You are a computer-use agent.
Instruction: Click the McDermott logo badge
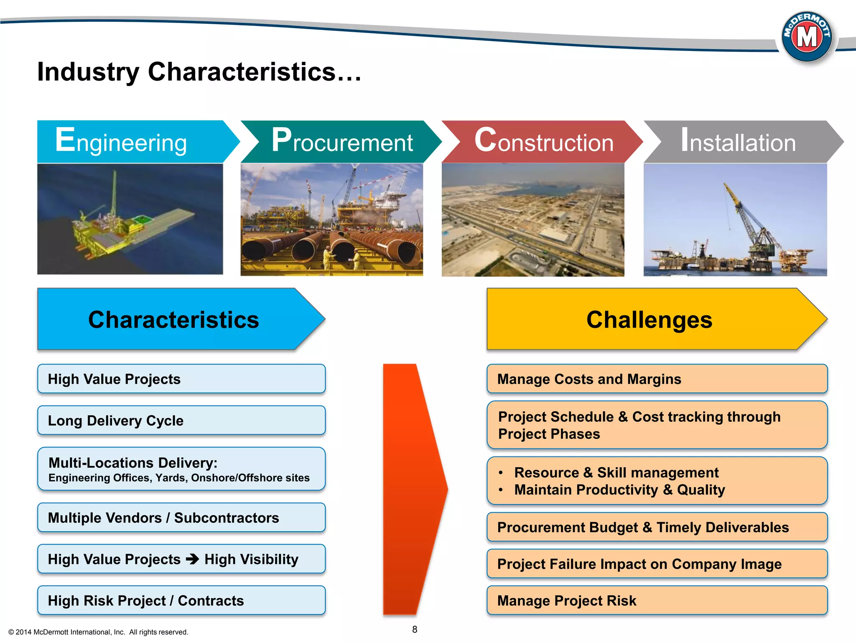(807, 37)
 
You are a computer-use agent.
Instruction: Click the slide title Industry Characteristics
(199, 72)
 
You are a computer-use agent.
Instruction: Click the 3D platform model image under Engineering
(130, 219)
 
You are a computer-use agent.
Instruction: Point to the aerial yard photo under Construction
(533, 220)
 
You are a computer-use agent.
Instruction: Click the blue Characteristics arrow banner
(174, 319)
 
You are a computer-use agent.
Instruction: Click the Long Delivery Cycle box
(181, 420)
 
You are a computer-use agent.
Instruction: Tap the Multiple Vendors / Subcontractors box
(181, 517)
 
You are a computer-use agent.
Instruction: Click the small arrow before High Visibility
(193, 559)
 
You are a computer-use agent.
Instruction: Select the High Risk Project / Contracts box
(181, 601)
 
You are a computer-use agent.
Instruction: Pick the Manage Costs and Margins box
(657, 379)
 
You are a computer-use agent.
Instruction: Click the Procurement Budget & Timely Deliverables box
(657, 527)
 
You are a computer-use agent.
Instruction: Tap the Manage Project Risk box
(657, 601)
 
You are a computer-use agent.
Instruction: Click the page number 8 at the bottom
(415, 629)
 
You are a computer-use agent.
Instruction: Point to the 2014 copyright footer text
(99, 632)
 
